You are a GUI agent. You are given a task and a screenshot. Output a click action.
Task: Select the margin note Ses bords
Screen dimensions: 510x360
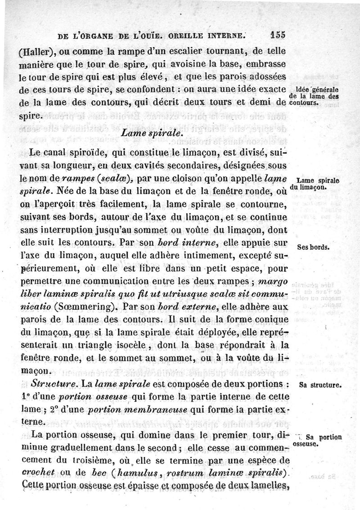point(314,247)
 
